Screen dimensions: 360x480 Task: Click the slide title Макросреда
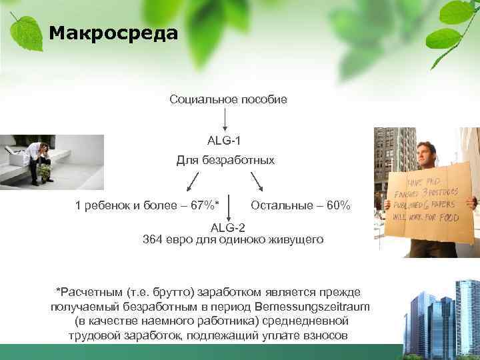114,33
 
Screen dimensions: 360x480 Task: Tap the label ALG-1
224,140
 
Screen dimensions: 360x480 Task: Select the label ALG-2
227,227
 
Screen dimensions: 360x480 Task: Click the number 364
154,239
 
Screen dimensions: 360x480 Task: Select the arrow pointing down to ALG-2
229,207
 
